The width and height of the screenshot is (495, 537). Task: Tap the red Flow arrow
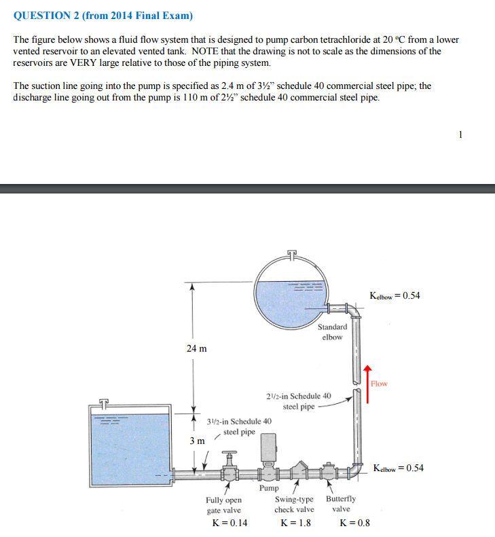pos(367,384)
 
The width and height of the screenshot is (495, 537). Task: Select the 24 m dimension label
pos(196,348)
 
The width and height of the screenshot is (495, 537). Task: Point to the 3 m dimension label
pos(196,441)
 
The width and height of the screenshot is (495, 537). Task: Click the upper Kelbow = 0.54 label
pos(395,295)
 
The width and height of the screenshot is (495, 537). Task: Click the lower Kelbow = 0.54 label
pos(399,468)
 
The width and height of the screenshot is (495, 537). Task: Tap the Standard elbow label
pos(332,331)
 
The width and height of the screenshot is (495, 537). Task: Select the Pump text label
pos(269,487)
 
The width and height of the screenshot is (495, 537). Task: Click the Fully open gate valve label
pos(223,504)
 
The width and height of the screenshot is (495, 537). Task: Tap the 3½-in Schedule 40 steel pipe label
pos(239,426)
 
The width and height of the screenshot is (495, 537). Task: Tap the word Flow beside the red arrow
pos(379,384)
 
